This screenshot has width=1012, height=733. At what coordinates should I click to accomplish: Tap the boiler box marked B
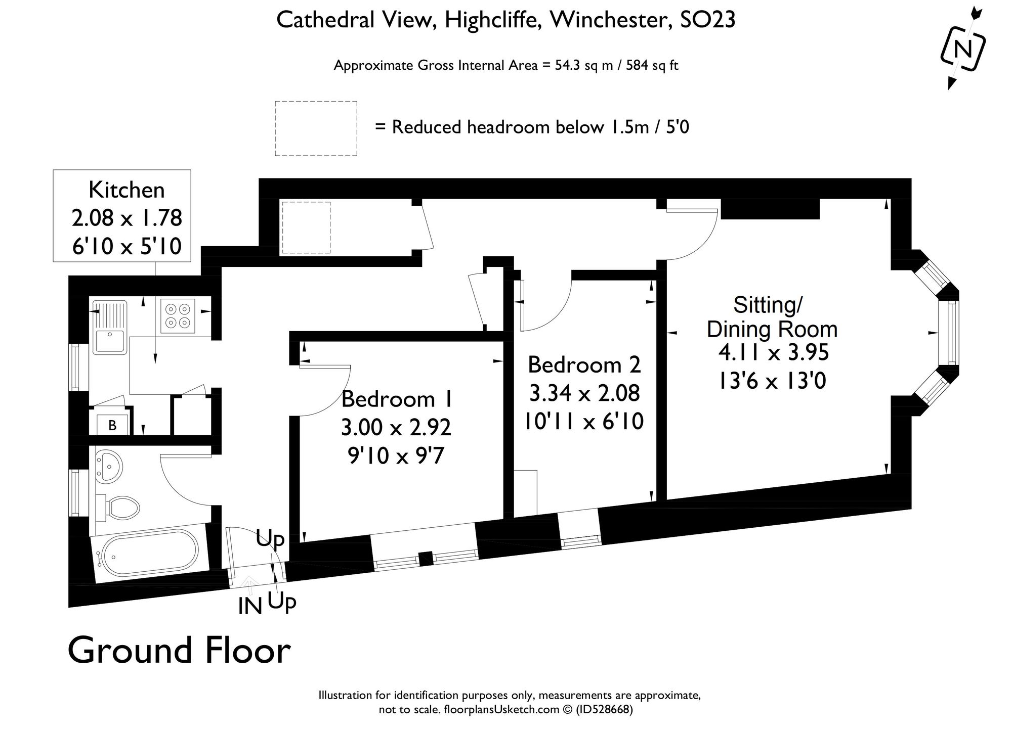tap(112, 425)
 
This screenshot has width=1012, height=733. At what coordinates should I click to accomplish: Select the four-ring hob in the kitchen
tap(178, 315)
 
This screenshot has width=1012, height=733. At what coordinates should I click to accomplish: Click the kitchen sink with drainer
tap(109, 326)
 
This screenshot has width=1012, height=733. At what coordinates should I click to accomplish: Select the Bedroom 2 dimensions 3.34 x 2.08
tap(584, 393)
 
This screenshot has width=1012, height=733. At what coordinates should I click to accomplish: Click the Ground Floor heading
tap(179, 651)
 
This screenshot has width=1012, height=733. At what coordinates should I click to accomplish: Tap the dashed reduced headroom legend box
tap(316, 128)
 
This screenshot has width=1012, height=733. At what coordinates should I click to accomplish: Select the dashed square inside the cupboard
tap(306, 227)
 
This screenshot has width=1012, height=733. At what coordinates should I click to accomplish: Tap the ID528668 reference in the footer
tap(604, 710)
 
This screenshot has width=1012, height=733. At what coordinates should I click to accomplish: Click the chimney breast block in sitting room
tap(770, 209)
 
